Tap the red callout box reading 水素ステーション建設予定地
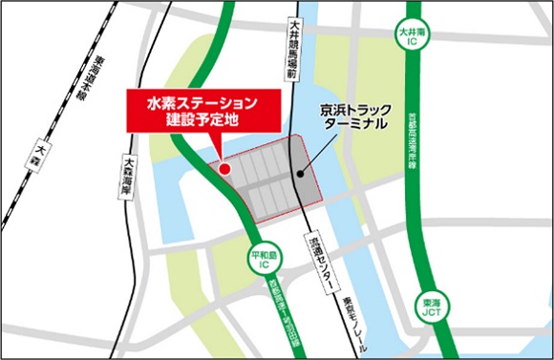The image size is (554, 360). tap(202, 111)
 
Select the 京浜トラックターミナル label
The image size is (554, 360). tap(356, 117)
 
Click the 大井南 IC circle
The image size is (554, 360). tap(411, 38)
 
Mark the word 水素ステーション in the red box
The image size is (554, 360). tap(202, 101)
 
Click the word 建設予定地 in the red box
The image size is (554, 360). tap(202, 121)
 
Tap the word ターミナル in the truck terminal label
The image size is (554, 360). tap(356, 126)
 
